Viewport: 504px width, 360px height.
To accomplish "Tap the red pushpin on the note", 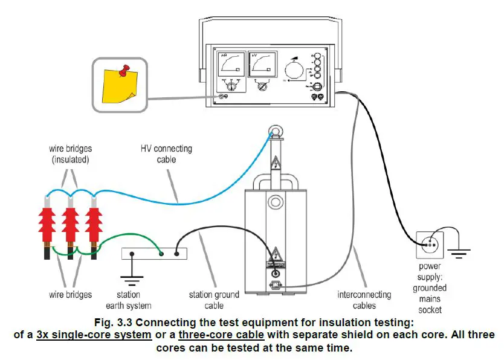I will pyautogui.click(x=124, y=71).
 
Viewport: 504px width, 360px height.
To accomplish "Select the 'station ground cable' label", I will pyautogui.click(x=214, y=300).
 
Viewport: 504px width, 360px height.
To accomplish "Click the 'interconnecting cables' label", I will pyautogui.click(x=364, y=300).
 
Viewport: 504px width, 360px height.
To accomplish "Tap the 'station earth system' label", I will pyautogui.click(x=129, y=300).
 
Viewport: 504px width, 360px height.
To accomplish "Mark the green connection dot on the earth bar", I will pyautogui.click(x=161, y=254).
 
